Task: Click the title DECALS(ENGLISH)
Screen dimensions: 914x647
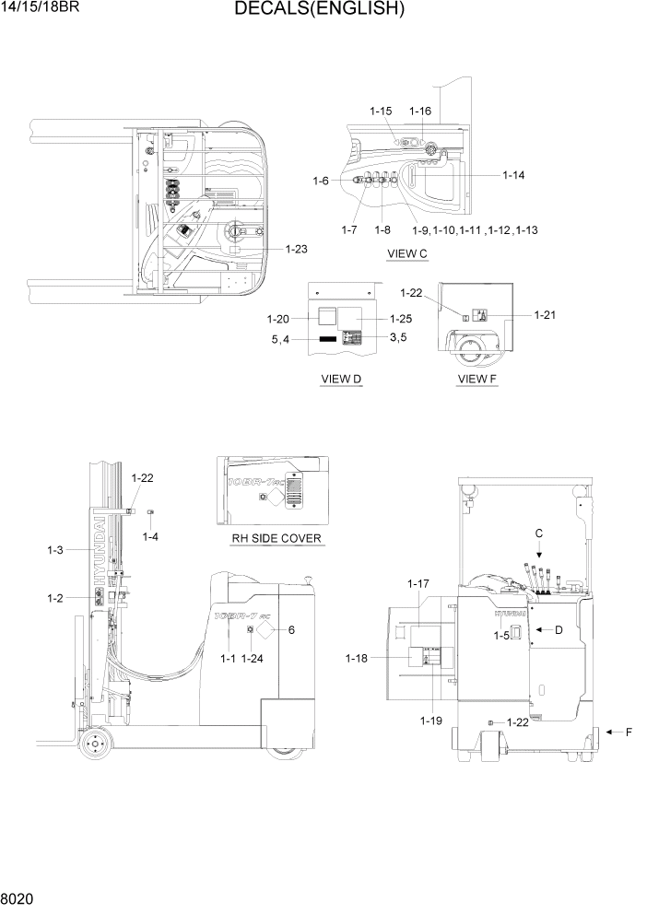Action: (x=319, y=10)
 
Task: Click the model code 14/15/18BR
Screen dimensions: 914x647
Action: (x=41, y=8)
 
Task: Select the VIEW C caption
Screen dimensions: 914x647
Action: (x=407, y=252)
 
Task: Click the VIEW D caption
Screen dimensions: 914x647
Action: (x=340, y=379)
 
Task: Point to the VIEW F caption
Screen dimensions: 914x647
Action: (x=476, y=379)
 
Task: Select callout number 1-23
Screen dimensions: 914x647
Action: (x=296, y=249)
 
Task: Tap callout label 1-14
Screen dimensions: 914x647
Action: (x=513, y=174)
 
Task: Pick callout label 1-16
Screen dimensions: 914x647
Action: (x=419, y=111)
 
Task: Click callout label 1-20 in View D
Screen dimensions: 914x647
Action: (x=278, y=319)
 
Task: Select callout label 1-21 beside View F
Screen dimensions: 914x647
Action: (x=545, y=315)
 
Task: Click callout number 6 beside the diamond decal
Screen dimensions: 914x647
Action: (x=291, y=630)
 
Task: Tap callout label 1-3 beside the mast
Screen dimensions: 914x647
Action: (x=54, y=550)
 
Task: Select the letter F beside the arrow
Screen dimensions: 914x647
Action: (x=629, y=732)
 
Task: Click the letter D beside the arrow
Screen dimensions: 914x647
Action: (x=559, y=630)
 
